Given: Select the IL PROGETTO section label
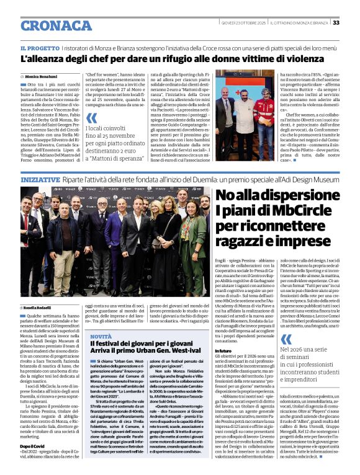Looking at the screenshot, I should (40, 48).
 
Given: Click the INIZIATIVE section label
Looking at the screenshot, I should (40, 179).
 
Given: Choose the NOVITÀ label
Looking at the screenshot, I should (101, 336).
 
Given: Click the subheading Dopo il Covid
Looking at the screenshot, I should (33, 445).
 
